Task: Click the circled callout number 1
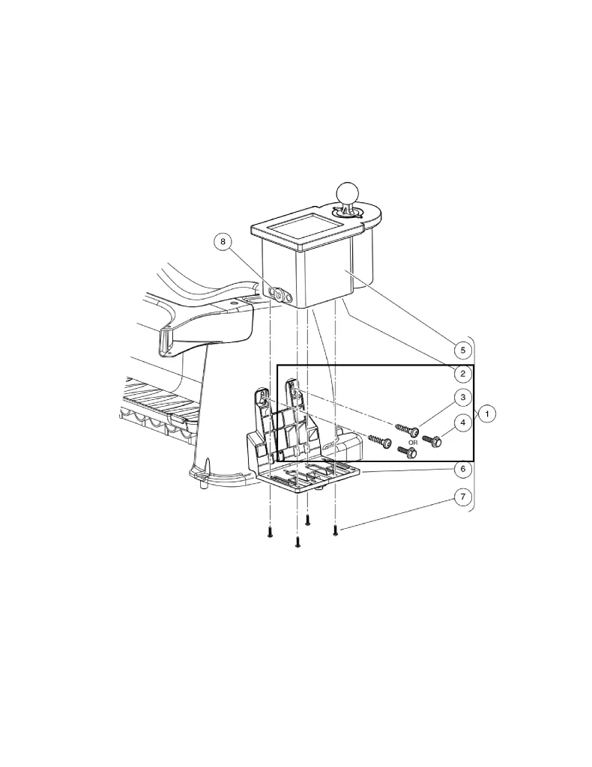coord(487,413)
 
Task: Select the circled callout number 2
coord(463,373)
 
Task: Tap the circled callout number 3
coord(463,397)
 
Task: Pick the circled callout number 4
coord(463,423)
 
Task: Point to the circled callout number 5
coord(463,349)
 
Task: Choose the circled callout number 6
coord(463,469)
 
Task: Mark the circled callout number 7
coord(463,497)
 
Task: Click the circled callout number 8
coord(223,241)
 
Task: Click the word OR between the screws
coord(412,443)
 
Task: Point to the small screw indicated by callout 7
coord(335,530)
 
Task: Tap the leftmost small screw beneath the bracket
coord(268,533)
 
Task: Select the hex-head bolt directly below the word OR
coord(406,452)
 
